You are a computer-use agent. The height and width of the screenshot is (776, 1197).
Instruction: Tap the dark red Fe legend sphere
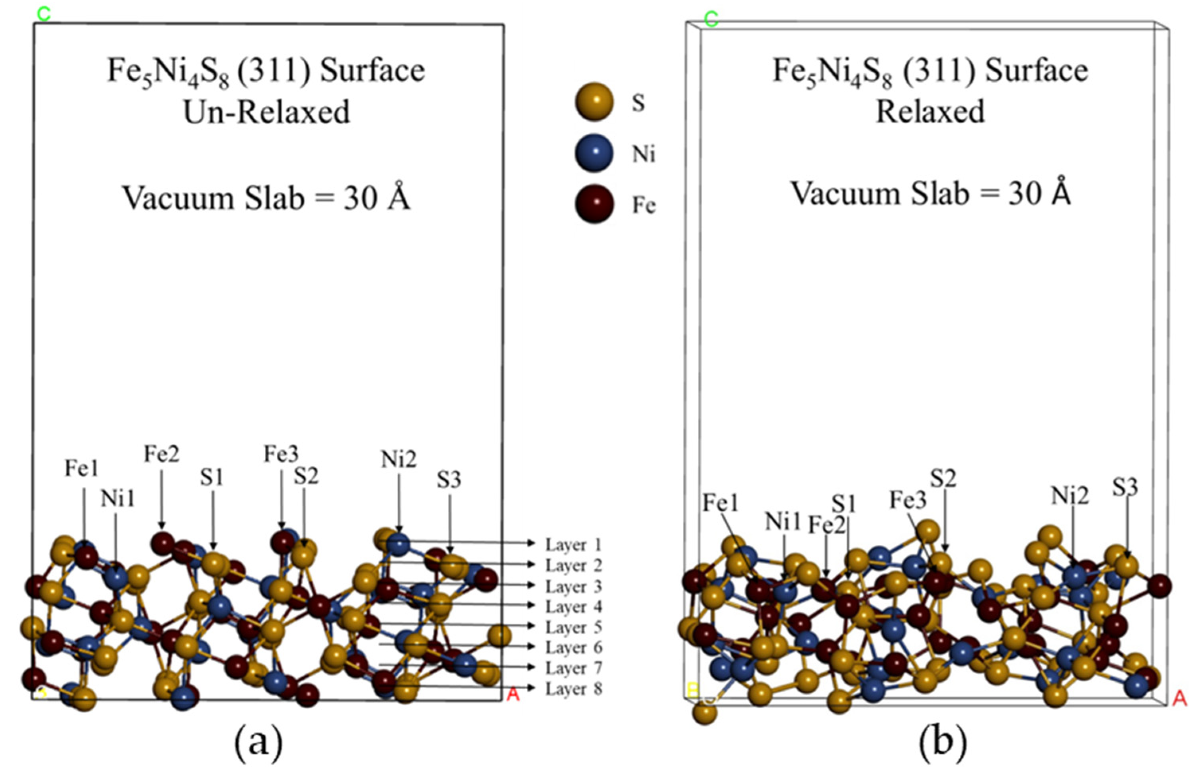(594, 204)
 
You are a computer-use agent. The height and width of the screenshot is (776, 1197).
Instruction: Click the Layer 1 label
(573, 545)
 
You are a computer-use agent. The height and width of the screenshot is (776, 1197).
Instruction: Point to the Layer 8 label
(573, 688)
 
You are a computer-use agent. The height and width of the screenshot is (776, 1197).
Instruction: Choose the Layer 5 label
(573, 627)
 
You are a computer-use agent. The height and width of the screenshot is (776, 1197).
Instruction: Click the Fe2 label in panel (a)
(162, 454)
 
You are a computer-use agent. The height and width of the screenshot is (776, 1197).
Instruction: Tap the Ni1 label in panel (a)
(118, 498)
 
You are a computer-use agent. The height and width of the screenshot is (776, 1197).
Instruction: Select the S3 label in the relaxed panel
(1125, 487)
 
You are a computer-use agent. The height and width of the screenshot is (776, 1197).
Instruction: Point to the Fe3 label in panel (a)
(281, 454)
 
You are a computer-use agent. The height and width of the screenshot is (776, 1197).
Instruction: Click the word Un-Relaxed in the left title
(267, 112)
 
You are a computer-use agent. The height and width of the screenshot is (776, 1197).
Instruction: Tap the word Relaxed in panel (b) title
(930, 112)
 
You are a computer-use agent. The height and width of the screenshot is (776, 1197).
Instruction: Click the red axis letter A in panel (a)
(512, 694)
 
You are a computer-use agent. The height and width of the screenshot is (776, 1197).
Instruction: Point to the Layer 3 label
(573, 587)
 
